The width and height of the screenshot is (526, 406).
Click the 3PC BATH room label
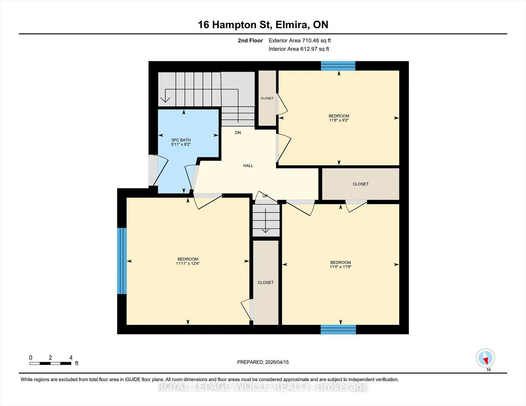[181, 140]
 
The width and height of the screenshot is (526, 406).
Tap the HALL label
[248, 166]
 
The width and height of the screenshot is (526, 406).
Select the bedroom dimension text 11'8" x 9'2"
[339, 120]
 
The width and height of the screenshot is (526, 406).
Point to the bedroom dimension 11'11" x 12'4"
[188, 263]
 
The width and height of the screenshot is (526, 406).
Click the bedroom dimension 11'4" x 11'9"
[341, 267]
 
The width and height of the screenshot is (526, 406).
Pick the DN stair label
[238, 133]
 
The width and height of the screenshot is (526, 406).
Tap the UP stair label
[265, 196]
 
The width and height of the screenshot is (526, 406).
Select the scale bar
[50, 363]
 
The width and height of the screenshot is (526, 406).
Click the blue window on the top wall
[338, 66]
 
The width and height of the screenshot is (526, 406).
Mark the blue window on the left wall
[122, 261]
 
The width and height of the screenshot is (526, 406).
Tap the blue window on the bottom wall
[338, 329]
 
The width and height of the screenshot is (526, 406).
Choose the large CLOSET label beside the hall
[361, 184]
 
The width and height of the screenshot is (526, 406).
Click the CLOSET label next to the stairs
[267, 98]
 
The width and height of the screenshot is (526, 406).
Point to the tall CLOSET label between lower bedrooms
[265, 283]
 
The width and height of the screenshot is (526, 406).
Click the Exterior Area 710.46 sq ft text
[300, 40]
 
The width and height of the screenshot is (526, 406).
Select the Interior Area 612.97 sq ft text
[299, 49]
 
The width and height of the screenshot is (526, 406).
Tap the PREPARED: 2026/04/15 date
[263, 362]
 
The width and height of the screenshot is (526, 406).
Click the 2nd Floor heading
[250, 40]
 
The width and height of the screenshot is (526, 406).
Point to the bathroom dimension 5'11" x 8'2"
[181, 144]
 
